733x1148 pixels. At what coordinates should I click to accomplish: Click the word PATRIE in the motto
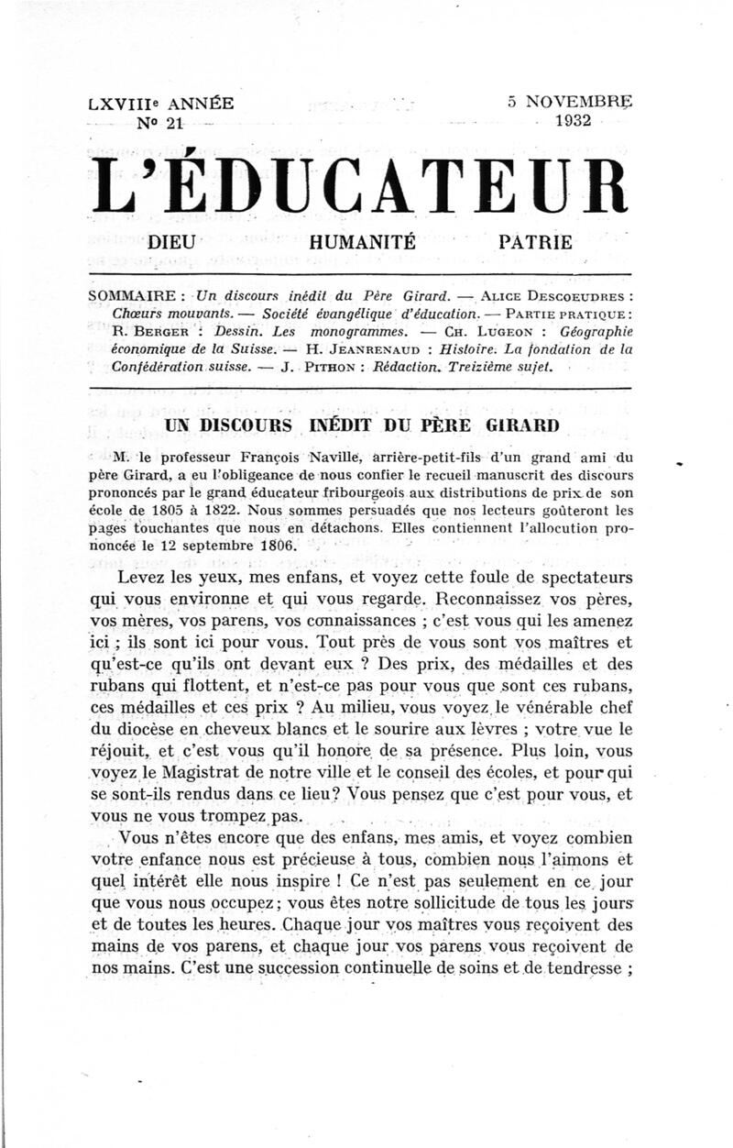tap(535, 243)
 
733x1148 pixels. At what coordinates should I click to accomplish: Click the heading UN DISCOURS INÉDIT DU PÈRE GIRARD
tap(361, 425)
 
